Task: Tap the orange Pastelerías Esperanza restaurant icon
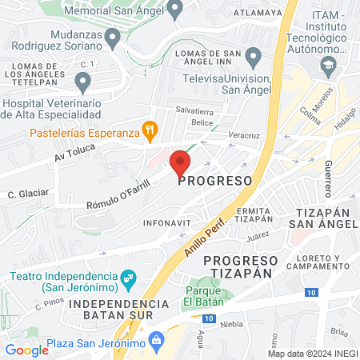pyautogui.click(x=148, y=129)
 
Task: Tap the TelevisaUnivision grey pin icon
pyautogui.click(x=254, y=58)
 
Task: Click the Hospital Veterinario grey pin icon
pyautogui.click(x=82, y=81)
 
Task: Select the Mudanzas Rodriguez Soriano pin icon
pyautogui.click(x=113, y=37)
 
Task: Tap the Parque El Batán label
pyautogui.click(x=208, y=296)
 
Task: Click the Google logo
pyautogui.click(x=27, y=350)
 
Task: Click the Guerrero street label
pyautogui.click(x=327, y=178)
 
